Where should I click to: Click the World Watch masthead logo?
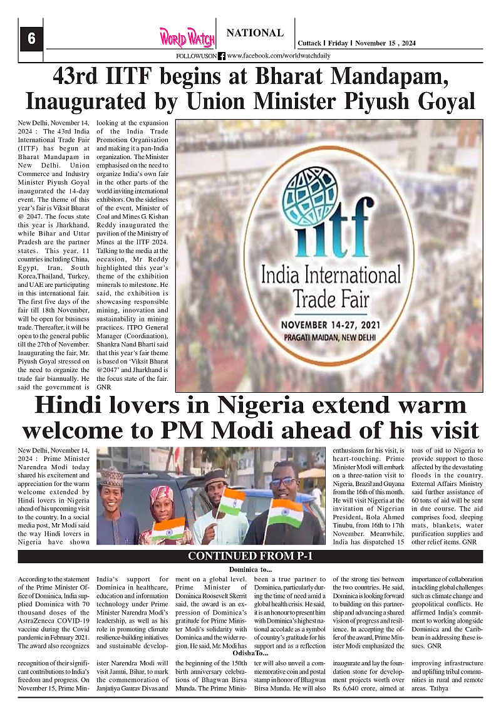pos(187,38)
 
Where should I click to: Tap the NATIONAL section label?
pos(255,33)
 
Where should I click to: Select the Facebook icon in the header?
pos(222,56)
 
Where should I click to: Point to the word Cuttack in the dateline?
pos(308,43)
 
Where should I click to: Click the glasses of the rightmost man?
pos(286,483)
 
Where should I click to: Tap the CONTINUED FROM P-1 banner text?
pos(250,556)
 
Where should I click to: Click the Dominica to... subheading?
pos(250,569)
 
